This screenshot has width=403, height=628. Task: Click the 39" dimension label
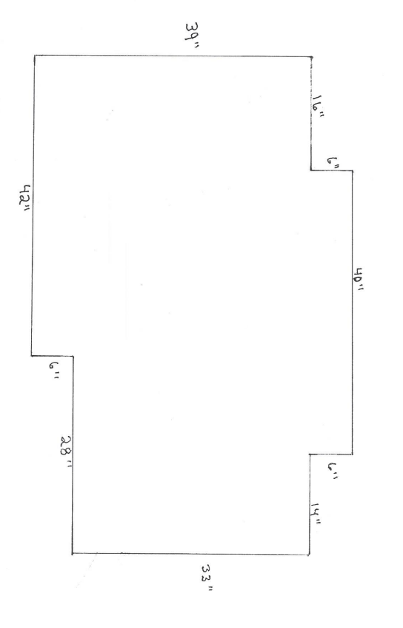[x=192, y=36]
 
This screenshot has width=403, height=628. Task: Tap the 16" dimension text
[x=319, y=105]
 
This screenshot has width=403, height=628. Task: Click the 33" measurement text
[x=207, y=578]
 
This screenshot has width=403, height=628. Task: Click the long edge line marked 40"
[x=353, y=312]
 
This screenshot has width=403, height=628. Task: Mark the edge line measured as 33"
[x=190, y=555]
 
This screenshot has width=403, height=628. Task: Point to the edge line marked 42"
[x=33, y=205]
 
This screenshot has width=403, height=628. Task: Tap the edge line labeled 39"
[x=173, y=56]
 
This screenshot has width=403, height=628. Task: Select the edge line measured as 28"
[x=73, y=455]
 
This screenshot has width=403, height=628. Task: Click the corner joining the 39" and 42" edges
[x=34, y=56]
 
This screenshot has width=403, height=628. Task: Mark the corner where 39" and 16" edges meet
[x=311, y=57]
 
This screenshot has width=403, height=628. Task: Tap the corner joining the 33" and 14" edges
[x=309, y=555]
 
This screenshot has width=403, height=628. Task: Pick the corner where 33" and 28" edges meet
[x=73, y=554]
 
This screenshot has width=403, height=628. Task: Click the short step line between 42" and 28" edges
[x=53, y=356]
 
